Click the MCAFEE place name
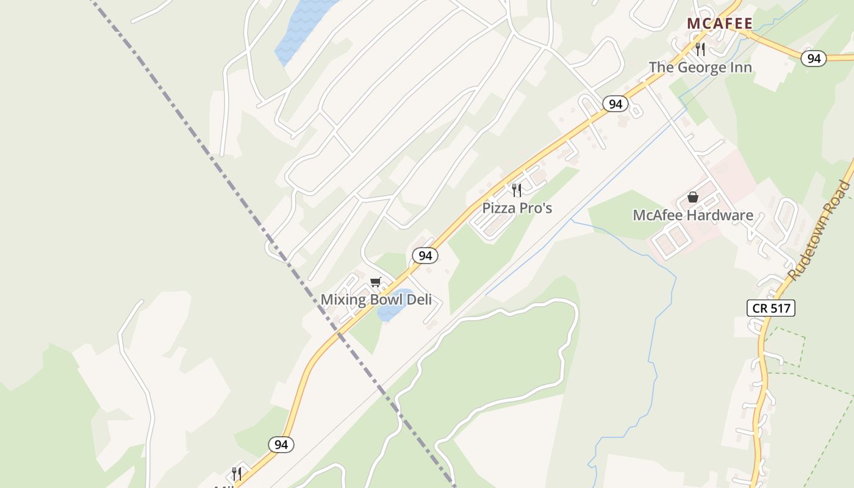(x=720, y=24)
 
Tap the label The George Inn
(x=700, y=67)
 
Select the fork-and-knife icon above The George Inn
(x=700, y=49)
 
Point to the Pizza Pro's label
(x=517, y=208)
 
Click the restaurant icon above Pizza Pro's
(x=517, y=190)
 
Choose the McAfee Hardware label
(x=692, y=215)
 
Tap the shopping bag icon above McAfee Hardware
(x=692, y=197)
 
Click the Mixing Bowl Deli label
(x=376, y=300)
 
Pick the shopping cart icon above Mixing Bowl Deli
(x=375, y=282)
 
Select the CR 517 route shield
(x=771, y=308)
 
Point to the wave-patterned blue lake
(x=302, y=30)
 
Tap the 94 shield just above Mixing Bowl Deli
(x=425, y=256)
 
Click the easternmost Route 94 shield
(x=814, y=59)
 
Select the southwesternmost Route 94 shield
(x=281, y=445)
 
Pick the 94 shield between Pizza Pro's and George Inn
(x=615, y=104)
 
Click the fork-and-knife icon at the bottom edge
(x=236, y=473)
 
